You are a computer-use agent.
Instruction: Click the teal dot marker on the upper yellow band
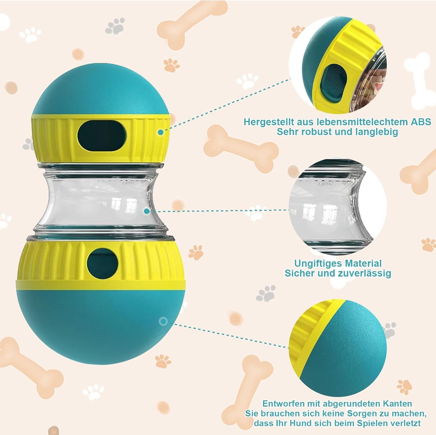pyautogui.click(x=160, y=132)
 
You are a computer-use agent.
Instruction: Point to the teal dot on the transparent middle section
pyautogui.click(x=147, y=211)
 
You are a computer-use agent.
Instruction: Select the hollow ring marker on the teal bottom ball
pyautogui.click(x=163, y=321)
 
